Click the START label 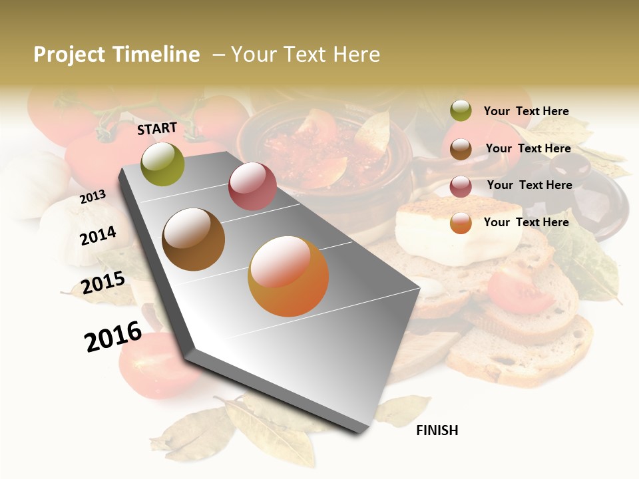(157, 128)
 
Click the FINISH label (437, 430)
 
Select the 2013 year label (93, 196)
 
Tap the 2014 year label (98, 236)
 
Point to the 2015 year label (103, 283)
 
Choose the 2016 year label (113, 337)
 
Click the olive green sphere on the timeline (163, 164)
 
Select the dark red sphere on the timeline (252, 186)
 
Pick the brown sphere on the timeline (193, 239)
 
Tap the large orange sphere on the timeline (288, 276)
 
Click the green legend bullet (461, 110)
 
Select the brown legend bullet (461, 148)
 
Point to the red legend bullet (461, 186)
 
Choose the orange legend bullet (461, 223)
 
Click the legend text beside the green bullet (526, 111)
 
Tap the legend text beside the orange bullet (526, 222)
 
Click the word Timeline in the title (156, 55)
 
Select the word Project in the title (70, 55)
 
